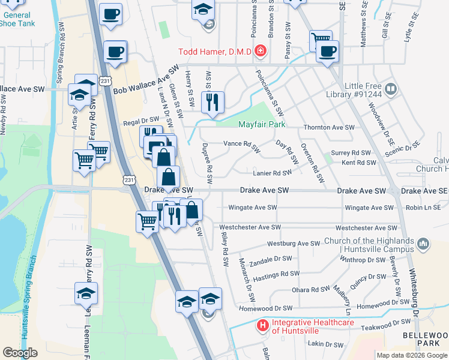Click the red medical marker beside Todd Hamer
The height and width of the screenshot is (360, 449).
click(x=260, y=51)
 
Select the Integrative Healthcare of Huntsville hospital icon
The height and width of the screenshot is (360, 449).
click(x=262, y=326)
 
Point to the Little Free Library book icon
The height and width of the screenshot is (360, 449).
click(x=391, y=89)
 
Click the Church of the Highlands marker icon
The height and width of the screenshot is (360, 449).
click(x=423, y=245)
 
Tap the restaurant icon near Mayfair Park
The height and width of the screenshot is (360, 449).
click(x=212, y=103)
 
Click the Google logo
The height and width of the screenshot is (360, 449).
click(x=20, y=353)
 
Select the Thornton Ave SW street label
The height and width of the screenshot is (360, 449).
click(x=329, y=127)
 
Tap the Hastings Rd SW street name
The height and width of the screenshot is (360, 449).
click(x=277, y=274)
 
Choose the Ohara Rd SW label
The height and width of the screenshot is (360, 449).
click(x=311, y=289)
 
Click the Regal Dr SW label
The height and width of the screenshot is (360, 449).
click(x=140, y=121)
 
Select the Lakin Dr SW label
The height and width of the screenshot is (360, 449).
click(x=325, y=344)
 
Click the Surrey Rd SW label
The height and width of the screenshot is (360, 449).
click(x=357, y=153)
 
